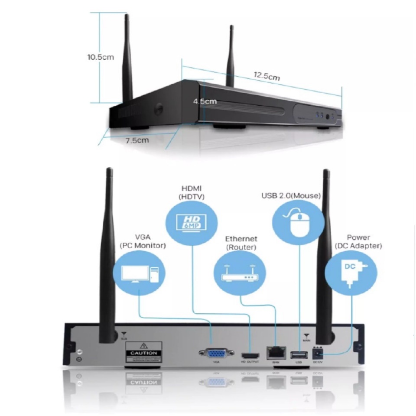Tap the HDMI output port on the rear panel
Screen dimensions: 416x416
250,354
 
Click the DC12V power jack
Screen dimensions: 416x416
318,354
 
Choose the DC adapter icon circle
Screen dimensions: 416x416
351,273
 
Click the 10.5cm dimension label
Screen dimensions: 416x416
101,57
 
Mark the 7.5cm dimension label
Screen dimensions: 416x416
137,140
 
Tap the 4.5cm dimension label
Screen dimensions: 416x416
205,101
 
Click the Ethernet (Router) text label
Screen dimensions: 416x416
241,243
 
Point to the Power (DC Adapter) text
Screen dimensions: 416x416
358,242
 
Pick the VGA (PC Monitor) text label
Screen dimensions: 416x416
143,241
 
